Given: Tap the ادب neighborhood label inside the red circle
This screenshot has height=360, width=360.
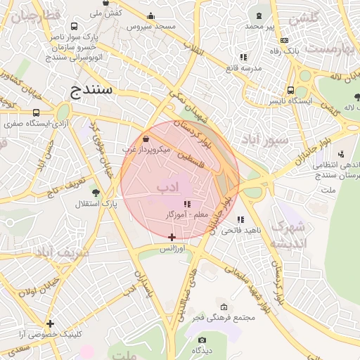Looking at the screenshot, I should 168,187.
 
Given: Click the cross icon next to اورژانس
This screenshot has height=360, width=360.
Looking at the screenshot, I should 172,237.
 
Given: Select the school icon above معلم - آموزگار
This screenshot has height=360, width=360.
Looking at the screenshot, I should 187,204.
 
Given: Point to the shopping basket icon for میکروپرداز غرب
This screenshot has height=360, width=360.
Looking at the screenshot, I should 146,139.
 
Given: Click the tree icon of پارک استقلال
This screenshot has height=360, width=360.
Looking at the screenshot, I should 96,193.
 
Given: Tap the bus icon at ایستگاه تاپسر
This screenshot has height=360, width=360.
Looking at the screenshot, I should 290,90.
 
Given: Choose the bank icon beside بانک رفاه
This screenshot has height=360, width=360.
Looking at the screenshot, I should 284,41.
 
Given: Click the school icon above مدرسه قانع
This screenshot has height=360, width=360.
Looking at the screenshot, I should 243,57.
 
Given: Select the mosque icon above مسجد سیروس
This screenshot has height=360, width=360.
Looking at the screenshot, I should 150,16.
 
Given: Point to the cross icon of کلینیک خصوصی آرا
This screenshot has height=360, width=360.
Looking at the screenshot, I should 50,323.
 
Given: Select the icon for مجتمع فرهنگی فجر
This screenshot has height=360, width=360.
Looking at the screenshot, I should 224,307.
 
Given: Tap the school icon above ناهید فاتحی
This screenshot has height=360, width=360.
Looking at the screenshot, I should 241,219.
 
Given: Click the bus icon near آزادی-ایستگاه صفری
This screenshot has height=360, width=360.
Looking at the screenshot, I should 36,112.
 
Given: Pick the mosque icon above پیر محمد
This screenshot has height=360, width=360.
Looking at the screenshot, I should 260,15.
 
